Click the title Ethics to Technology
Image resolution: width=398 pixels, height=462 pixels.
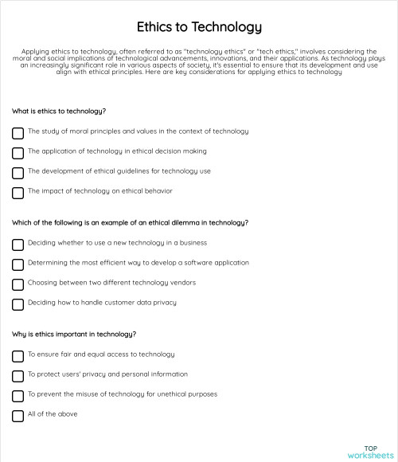coord(199,27)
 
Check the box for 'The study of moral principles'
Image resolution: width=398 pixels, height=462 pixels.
coord(18,132)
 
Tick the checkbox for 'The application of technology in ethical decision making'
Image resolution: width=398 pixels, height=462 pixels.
coord(18,152)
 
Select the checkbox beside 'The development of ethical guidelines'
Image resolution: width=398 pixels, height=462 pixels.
coord(18,172)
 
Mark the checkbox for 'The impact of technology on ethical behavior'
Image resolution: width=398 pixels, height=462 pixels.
coord(18,192)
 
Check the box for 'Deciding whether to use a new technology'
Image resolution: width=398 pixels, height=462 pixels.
coord(18,244)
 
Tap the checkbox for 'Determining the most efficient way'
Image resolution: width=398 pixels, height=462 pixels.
coord(18,264)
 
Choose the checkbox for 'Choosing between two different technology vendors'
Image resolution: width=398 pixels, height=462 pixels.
coord(18,284)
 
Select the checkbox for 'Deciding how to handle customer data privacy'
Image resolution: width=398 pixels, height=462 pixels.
coord(18,303)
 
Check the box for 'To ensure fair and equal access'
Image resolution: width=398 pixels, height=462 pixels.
coord(18,355)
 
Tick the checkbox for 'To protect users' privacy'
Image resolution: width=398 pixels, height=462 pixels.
coord(18,375)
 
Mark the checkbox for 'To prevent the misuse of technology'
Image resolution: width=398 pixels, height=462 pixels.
coord(18,395)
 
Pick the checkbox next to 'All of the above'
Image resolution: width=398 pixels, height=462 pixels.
coord(18,415)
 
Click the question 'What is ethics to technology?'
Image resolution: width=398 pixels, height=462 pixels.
coord(60,111)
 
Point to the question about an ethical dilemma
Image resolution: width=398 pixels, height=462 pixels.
coord(131,222)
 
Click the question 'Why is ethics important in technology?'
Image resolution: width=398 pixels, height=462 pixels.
coord(74,334)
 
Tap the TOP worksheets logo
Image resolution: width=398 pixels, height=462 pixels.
coord(370,452)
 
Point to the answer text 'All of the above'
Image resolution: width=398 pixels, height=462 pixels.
coord(53,414)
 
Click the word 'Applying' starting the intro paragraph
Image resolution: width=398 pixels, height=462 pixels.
coord(36,52)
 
